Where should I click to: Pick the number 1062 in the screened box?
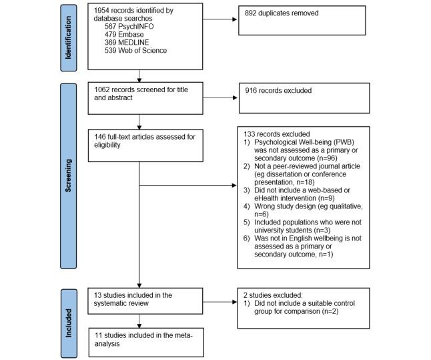coord(105,90)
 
